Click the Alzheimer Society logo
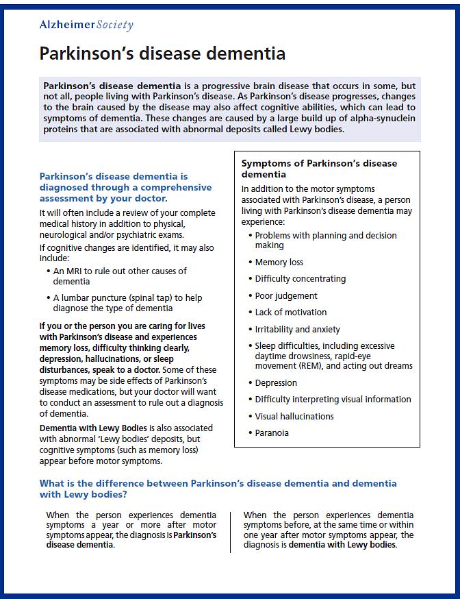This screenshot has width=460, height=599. (86, 25)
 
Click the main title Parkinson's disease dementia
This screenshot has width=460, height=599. (162, 53)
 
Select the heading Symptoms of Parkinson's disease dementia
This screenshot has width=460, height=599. (319, 169)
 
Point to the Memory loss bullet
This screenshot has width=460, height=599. (279, 262)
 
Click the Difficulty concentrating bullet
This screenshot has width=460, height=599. (300, 279)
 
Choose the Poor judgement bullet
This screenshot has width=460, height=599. (286, 295)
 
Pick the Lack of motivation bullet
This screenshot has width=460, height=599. (290, 313)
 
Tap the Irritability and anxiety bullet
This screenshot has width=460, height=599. (297, 329)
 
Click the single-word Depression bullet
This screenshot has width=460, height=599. (276, 382)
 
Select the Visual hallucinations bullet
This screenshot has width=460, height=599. (294, 416)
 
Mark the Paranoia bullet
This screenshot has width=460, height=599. (272, 432)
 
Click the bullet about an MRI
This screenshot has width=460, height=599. (120, 276)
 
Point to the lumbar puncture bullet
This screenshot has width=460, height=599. (127, 303)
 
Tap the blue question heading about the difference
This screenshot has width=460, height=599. (218, 489)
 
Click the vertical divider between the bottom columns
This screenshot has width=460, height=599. (231, 531)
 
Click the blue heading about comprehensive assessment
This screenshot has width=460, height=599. (125, 187)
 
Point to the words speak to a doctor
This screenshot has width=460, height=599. (128, 370)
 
